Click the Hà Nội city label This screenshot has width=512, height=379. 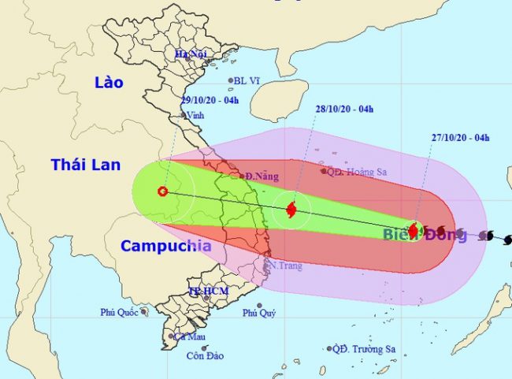coord(191,54)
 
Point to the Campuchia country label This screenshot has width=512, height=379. coord(165,246)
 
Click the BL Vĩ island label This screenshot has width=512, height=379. coord(246,80)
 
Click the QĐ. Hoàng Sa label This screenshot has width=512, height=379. coord(355,170)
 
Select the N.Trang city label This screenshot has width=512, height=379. coord(285,266)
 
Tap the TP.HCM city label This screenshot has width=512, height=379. coord(203,292)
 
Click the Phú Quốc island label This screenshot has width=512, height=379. coord(119,312)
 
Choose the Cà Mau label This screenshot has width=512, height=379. coord(186,336)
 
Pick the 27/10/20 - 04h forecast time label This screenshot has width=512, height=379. coord(459,138)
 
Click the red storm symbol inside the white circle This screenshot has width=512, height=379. coord(291,210)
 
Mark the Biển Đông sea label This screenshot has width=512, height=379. coord(414,235)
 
